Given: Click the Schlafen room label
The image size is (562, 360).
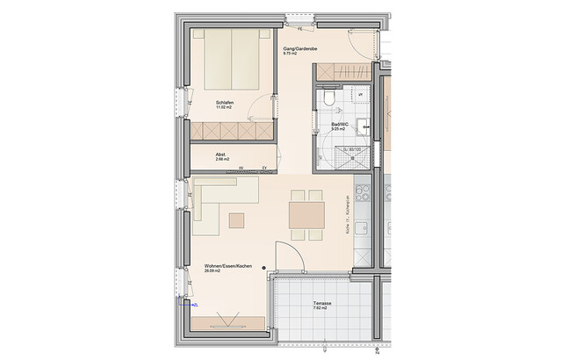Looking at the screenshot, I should point(223,104).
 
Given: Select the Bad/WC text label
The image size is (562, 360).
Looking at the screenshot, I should point(338,126).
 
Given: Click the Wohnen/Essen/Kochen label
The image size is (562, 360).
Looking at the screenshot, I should point(228,266).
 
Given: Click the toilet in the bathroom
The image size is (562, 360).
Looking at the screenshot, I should point(329,99).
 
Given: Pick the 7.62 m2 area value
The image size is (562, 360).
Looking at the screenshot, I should point(320,309).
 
